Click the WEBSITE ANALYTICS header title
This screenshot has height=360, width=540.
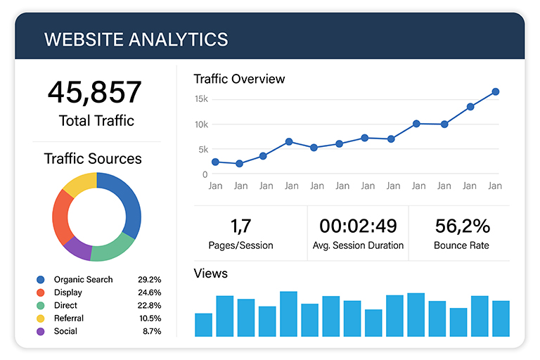[x=136, y=39]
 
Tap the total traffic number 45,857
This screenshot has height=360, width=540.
[x=95, y=93]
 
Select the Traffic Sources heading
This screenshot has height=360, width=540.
[x=93, y=159]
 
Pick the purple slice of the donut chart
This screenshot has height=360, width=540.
[x=77, y=247]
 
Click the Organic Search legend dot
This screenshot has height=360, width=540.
[x=40, y=280]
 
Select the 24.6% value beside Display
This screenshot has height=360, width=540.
[x=150, y=292]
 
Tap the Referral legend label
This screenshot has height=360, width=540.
[x=69, y=319]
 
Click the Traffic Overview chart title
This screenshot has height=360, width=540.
[x=239, y=79]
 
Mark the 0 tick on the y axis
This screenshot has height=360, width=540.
[x=205, y=174]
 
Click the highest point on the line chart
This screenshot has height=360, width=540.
[x=495, y=91]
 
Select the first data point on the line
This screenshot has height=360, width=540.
[x=215, y=162]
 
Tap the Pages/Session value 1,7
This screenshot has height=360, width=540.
[x=240, y=226]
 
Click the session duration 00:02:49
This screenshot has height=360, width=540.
[x=358, y=226]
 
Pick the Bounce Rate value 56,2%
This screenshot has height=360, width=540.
[x=461, y=226]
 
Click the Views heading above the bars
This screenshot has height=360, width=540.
[x=210, y=274]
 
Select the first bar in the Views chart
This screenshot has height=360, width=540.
[x=203, y=325]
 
